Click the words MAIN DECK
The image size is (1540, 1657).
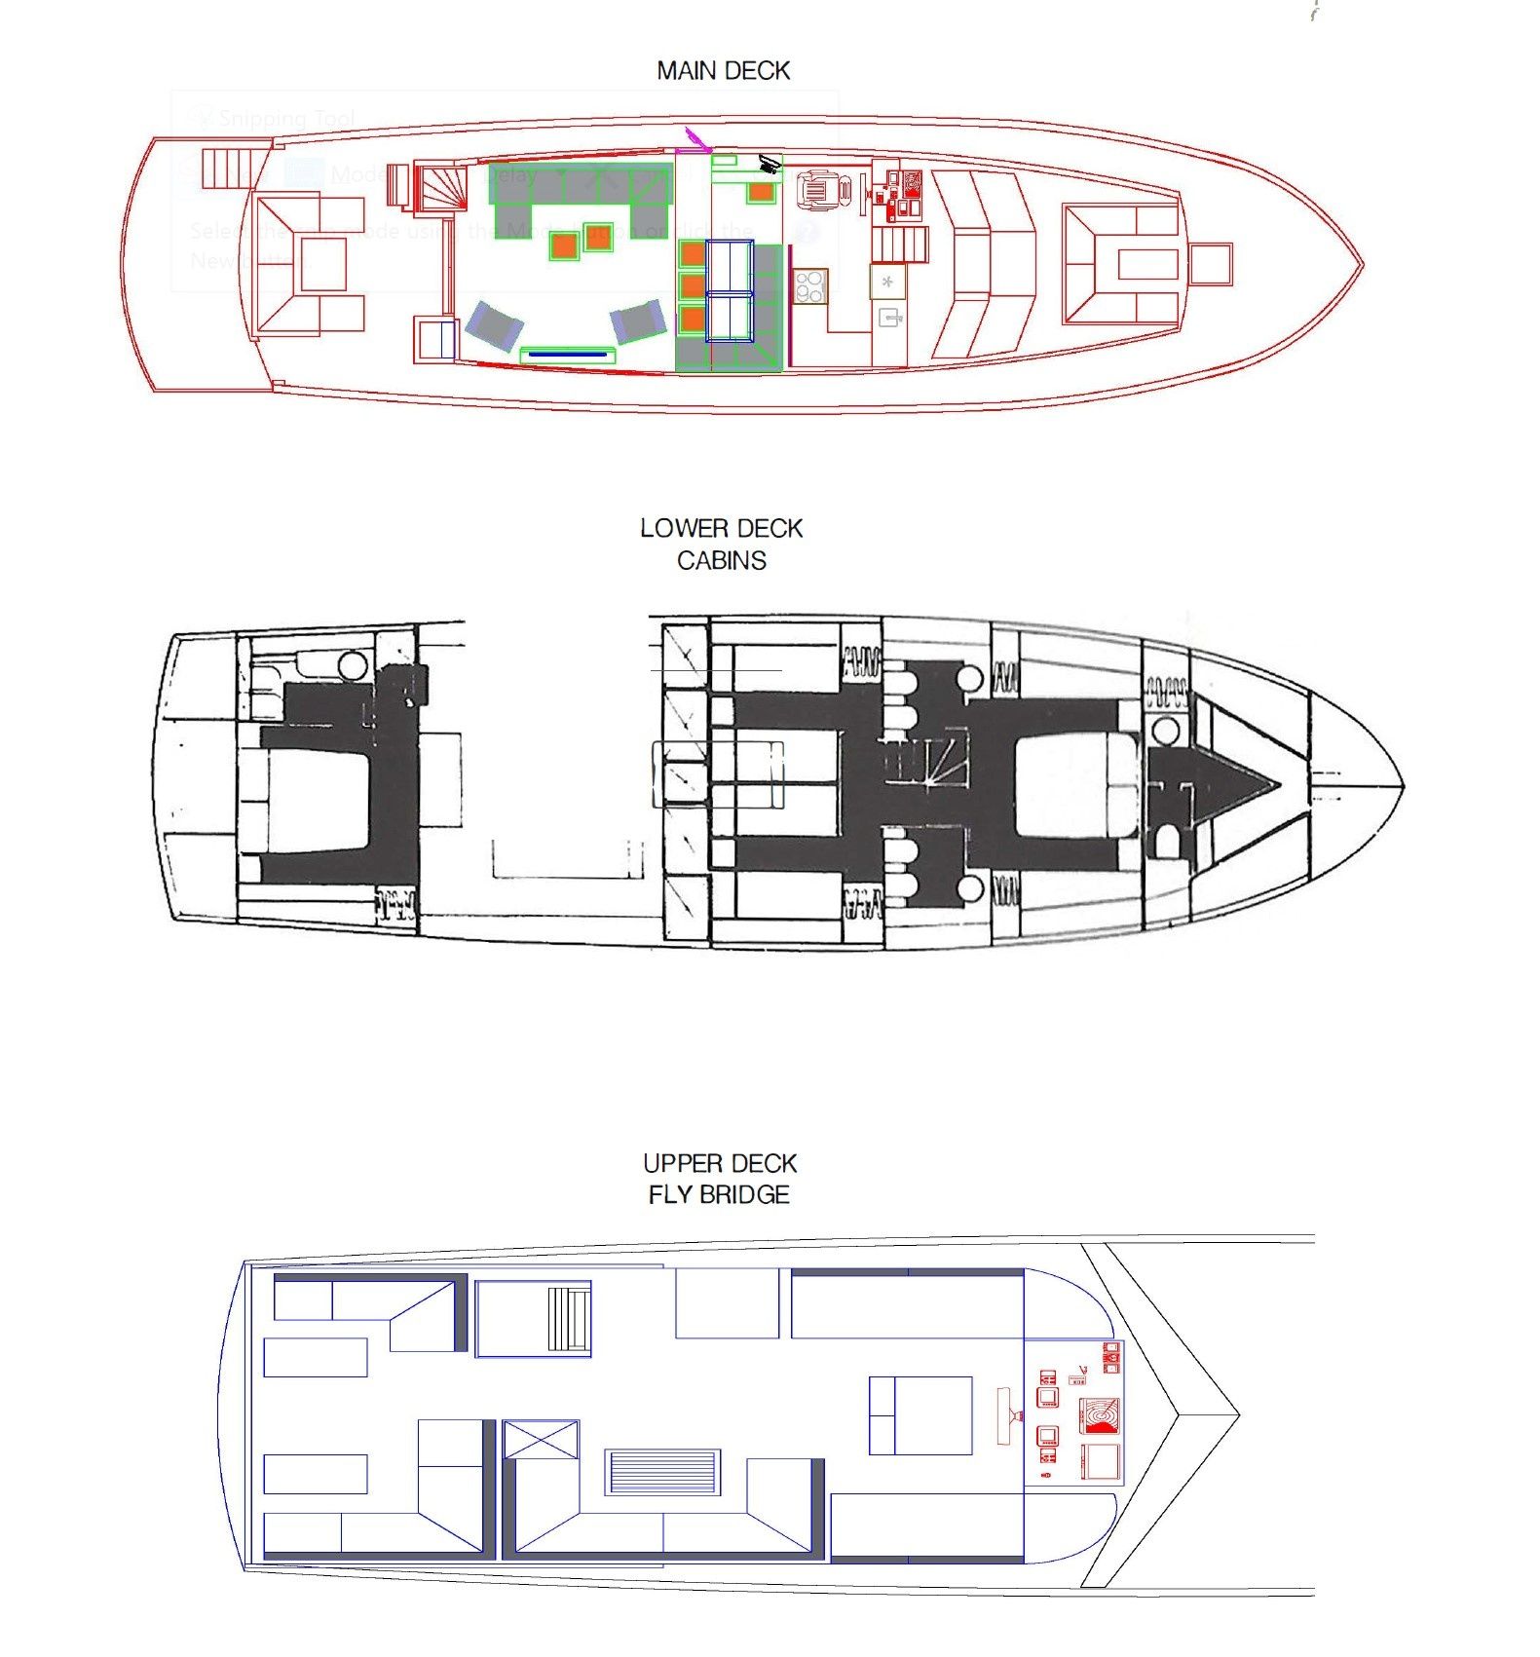pyautogui.click(x=723, y=71)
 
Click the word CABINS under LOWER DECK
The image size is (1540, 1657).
pyautogui.click(x=721, y=561)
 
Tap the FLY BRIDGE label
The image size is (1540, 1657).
pyautogui.click(x=719, y=1195)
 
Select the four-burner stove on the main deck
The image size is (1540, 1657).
pyautogui.click(x=809, y=286)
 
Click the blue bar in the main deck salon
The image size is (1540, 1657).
pyautogui.click(x=566, y=355)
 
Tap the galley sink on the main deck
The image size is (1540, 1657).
pyautogui.click(x=888, y=318)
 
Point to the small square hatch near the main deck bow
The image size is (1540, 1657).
pyautogui.click(x=1210, y=264)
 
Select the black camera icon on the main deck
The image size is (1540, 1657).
pyautogui.click(x=770, y=164)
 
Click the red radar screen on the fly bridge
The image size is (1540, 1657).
pyautogui.click(x=1099, y=1415)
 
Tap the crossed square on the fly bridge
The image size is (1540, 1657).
pyautogui.click(x=542, y=1440)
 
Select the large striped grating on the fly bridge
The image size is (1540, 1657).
pyautogui.click(x=662, y=1472)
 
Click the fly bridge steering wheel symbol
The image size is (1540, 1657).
pyautogui.click(x=1006, y=1415)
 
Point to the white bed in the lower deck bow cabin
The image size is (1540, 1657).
pyautogui.click(x=1076, y=785)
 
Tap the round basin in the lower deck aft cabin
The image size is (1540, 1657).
pyautogui.click(x=352, y=666)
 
